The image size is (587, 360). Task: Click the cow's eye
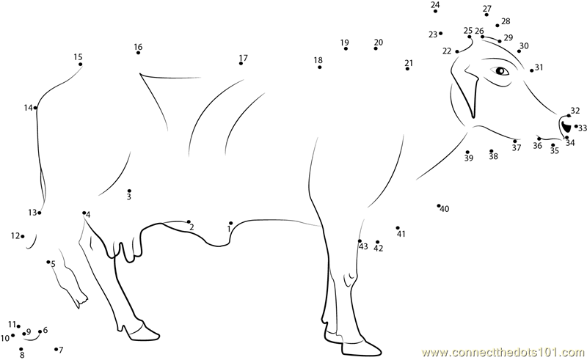click(x=500, y=70)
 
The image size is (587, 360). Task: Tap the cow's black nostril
click(x=566, y=126)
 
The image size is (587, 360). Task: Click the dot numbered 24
click(x=435, y=11)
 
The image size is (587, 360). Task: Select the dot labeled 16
click(x=138, y=53)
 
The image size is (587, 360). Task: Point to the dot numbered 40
click(x=439, y=205)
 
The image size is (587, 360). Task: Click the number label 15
click(x=78, y=57)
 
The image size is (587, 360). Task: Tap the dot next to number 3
click(x=129, y=191)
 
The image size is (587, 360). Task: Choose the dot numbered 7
click(x=56, y=349)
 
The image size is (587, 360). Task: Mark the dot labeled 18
click(x=319, y=67)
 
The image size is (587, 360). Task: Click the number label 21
click(x=409, y=62)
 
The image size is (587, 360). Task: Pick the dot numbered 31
click(x=531, y=70)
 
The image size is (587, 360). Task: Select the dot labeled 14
click(x=35, y=108)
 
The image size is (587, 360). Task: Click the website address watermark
click(x=503, y=353)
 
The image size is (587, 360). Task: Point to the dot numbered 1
click(x=231, y=223)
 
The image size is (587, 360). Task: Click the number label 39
click(x=469, y=158)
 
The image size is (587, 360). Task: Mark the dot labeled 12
click(x=23, y=236)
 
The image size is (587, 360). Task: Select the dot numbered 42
click(x=377, y=242)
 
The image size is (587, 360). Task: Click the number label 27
click(x=487, y=9)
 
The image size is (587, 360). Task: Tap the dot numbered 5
click(x=48, y=262)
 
